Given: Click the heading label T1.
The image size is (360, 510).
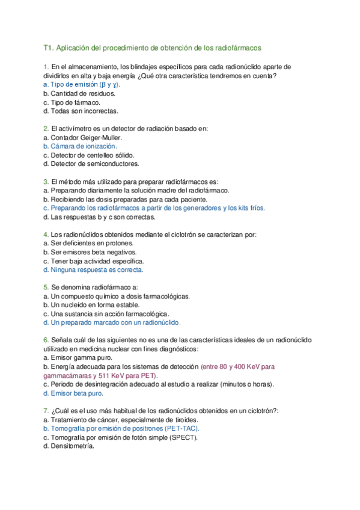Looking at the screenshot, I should click(49, 47).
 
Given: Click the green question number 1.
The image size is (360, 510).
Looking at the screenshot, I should click(46, 66).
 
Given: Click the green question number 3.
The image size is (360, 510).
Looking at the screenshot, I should click(46, 181).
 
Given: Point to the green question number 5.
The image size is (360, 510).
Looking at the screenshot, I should click(46, 287).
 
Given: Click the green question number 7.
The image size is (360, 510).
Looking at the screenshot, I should click(46, 411).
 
